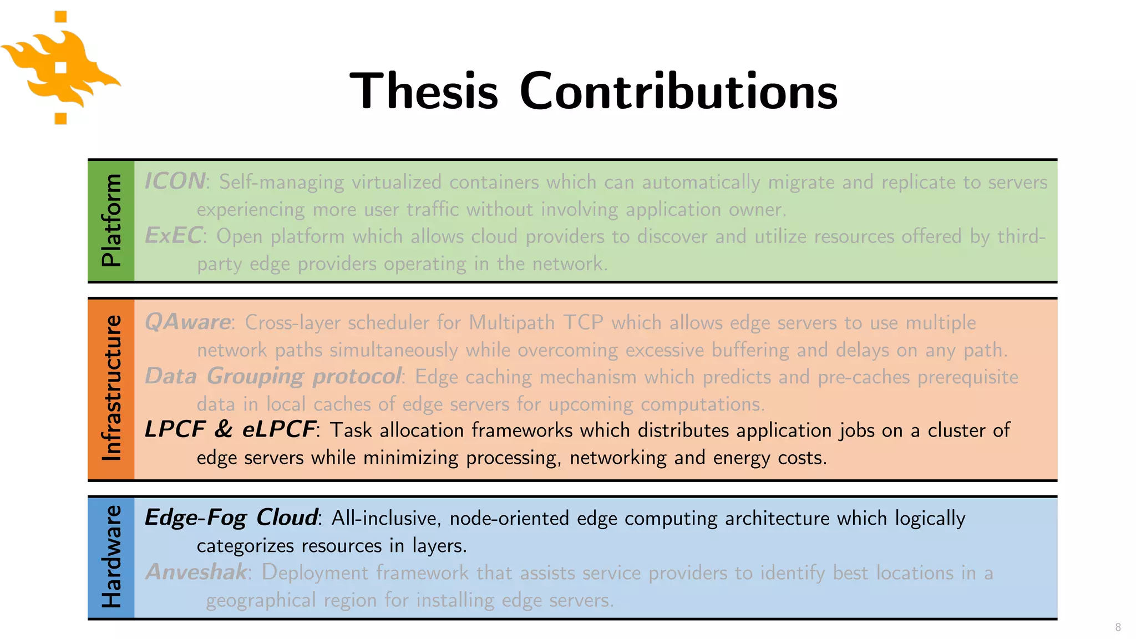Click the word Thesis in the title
point(424,91)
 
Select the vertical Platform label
point(111,221)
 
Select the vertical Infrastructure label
point(111,388)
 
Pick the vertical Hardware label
point(111,557)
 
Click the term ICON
point(175,181)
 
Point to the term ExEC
point(173,236)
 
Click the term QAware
point(187,322)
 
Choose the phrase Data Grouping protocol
point(273,376)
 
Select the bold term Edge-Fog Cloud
point(231,518)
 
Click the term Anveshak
point(196,572)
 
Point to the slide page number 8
point(1118,627)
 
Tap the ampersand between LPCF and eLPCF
point(223,429)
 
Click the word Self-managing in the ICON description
point(281,182)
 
